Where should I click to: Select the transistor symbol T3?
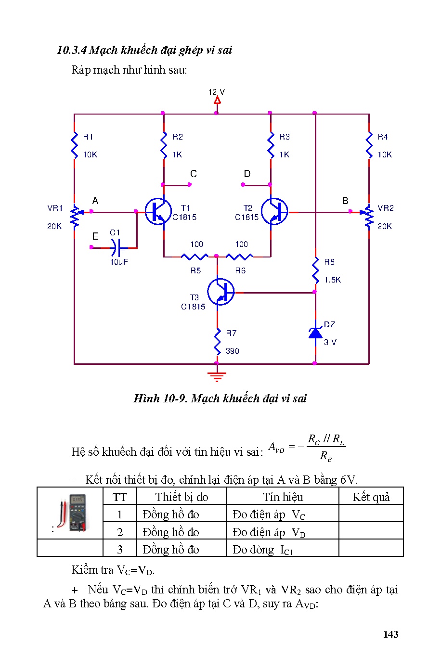(x=221, y=292)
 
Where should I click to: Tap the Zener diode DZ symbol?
(x=315, y=333)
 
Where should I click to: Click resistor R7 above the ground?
(x=217, y=342)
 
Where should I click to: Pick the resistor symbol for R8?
(x=315, y=270)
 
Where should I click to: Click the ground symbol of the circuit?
(x=217, y=376)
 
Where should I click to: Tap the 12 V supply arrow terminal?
(x=217, y=100)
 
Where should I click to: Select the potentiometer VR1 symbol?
(x=75, y=217)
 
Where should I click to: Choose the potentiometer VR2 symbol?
(x=369, y=217)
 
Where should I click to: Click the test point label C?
(x=194, y=174)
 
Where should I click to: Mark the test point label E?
(x=95, y=236)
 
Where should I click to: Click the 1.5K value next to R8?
(x=332, y=280)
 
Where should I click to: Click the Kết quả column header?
(x=371, y=497)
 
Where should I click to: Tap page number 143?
(x=390, y=634)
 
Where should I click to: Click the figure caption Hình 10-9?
(x=220, y=398)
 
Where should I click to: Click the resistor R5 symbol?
(x=195, y=257)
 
